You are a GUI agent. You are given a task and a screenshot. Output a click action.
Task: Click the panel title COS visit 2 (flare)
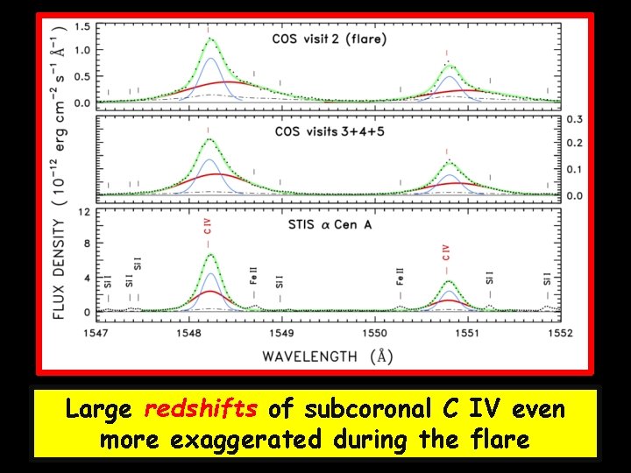click(329, 39)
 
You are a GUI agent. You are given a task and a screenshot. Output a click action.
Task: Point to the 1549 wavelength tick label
click(281, 333)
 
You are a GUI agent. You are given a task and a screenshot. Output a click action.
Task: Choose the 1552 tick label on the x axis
click(560, 333)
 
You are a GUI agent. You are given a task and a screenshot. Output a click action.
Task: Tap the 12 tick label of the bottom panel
click(85, 211)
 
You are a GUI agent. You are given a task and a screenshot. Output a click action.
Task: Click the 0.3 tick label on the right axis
click(575, 118)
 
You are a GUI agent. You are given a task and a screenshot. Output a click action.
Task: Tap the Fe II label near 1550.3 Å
click(400, 275)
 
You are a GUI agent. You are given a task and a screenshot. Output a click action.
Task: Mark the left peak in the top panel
click(209, 39)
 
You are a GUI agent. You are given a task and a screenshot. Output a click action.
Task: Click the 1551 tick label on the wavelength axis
click(467, 333)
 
